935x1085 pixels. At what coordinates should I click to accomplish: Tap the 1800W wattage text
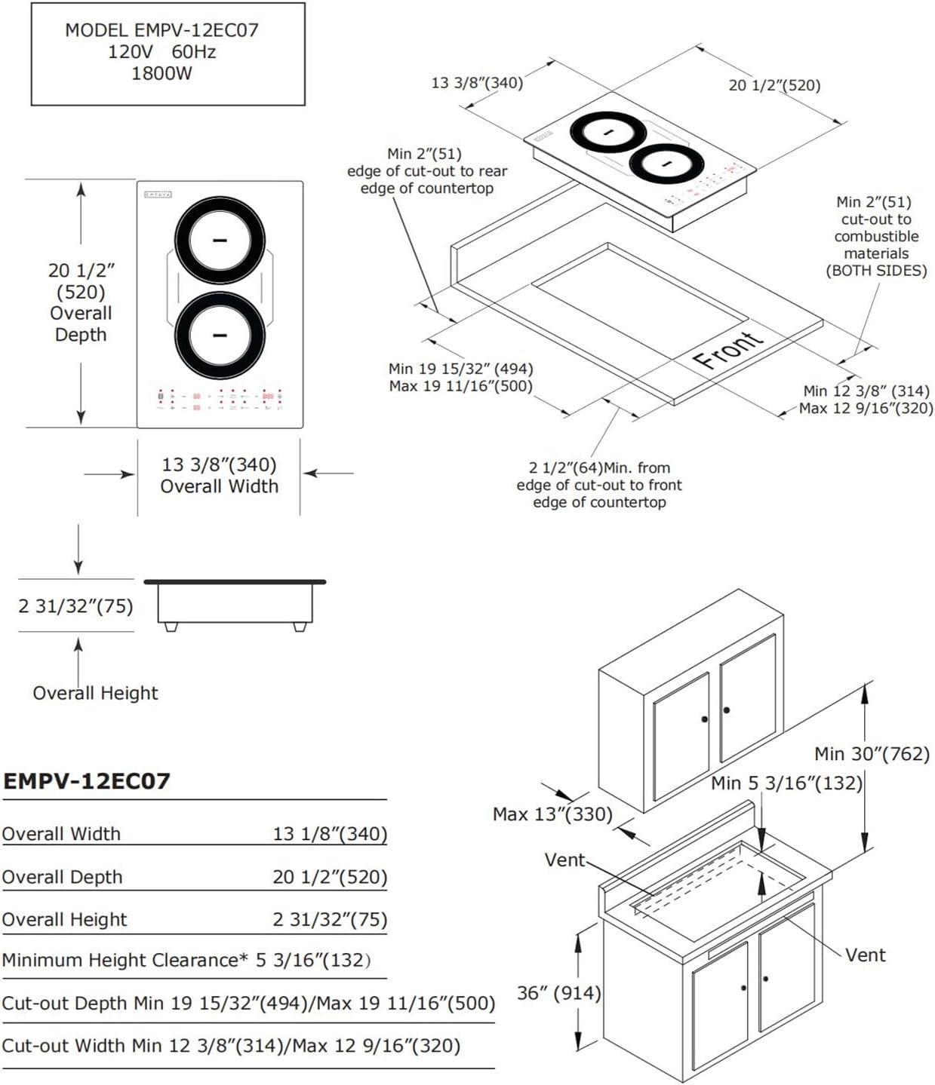pyautogui.click(x=161, y=74)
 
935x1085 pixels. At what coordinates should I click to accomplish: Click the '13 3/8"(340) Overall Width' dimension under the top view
pyautogui.click(x=219, y=475)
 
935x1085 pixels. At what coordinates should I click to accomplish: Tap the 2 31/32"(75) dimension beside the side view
pyautogui.click(x=75, y=606)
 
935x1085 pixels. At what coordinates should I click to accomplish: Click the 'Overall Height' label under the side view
pyautogui.click(x=95, y=693)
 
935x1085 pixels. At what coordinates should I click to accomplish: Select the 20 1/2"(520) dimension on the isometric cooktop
pyautogui.click(x=774, y=85)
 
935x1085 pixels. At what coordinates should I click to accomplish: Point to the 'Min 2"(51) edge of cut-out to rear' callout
pyautogui.click(x=426, y=171)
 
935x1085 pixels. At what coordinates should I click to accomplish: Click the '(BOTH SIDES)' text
pyautogui.click(x=876, y=270)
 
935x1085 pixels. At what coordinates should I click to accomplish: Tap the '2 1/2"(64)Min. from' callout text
pyautogui.click(x=599, y=468)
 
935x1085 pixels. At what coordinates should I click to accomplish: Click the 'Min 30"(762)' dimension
pyautogui.click(x=872, y=753)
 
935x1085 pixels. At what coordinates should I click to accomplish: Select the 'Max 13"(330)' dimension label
pyautogui.click(x=552, y=814)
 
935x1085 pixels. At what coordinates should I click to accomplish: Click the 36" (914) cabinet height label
pyautogui.click(x=558, y=993)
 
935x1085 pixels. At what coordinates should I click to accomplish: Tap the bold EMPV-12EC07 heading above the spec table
pyautogui.click(x=87, y=781)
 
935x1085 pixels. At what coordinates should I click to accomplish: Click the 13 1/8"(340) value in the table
pyautogui.click(x=330, y=834)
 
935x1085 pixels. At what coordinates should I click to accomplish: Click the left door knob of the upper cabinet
pyautogui.click(x=705, y=719)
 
